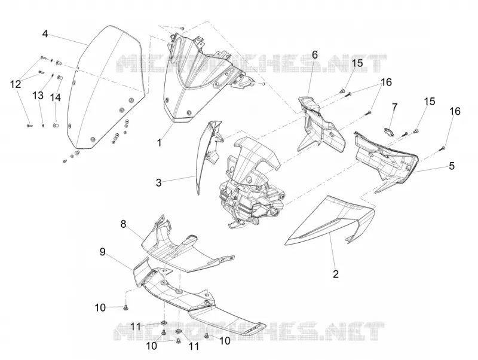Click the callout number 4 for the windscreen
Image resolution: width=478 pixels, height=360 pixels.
tap(45, 33)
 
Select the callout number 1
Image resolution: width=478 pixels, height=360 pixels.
tap(159, 142)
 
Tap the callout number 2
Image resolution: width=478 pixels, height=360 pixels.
tap(336, 274)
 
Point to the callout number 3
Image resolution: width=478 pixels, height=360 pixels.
tap(158, 183)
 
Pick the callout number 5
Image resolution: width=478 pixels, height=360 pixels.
tap(452, 166)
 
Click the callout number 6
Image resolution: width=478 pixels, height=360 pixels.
tap(315, 54)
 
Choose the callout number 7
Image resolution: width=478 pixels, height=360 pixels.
tap(394, 107)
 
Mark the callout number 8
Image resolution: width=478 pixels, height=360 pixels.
tap(123, 224)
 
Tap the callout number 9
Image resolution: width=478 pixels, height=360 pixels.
tap(102, 252)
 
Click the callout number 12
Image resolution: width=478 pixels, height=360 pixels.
tap(16, 84)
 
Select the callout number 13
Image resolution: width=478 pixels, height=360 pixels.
tap(38, 96)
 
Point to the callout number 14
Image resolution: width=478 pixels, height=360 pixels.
tap(56, 97)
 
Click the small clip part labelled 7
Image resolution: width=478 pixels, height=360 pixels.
tap(388, 130)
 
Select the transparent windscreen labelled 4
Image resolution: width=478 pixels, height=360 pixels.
tap(103, 89)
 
